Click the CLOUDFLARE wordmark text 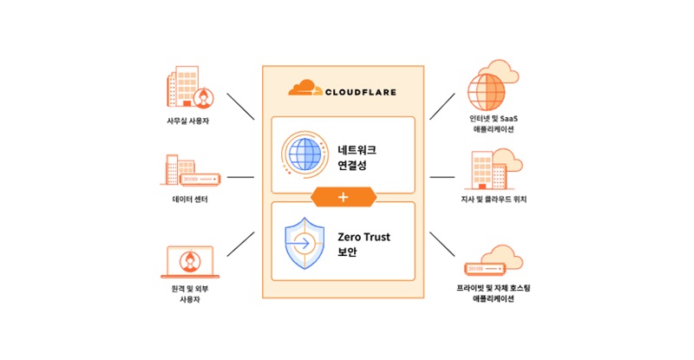click(x=357, y=88)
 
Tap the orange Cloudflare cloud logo click(x=304, y=87)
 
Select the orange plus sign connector click(x=343, y=197)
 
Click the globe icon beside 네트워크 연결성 click(x=305, y=155)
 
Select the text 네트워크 click(x=357, y=148)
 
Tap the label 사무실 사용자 click(x=189, y=121)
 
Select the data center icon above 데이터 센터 click(x=190, y=170)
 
